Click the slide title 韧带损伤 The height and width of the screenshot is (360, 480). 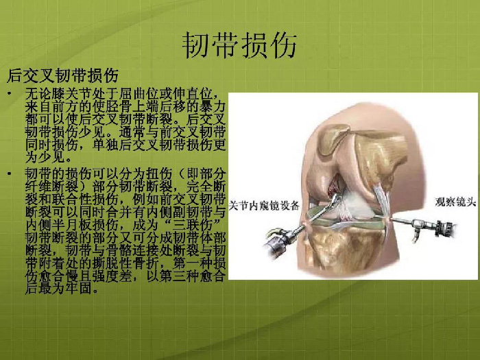click(x=239, y=45)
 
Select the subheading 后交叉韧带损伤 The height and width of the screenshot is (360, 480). click(x=63, y=75)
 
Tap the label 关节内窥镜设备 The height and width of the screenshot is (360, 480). click(x=264, y=206)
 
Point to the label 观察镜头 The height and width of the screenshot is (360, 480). click(x=455, y=202)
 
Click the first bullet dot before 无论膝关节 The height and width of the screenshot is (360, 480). click(x=10, y=93)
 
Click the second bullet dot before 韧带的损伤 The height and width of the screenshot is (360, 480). click(x=10, y=174)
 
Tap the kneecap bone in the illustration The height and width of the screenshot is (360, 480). click(x=333, y=139)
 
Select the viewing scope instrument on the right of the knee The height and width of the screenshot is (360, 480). click(x=422, y=226)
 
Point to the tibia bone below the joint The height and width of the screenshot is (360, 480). click(x=346, y=251)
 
